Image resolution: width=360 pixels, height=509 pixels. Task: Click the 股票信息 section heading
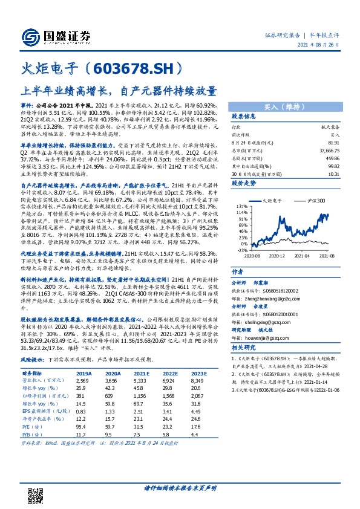pos(243,117)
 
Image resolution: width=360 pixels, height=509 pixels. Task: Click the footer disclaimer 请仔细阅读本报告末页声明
pos(180,488)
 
